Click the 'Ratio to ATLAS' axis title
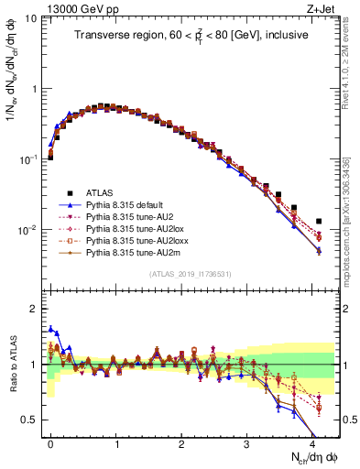11,364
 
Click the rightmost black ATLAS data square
319,222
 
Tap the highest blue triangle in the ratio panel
51,327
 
